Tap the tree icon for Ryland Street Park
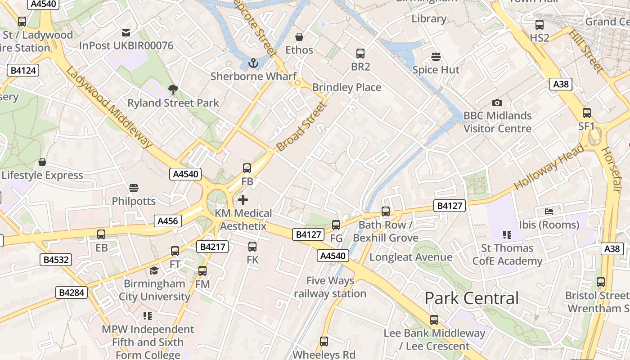(173, 89)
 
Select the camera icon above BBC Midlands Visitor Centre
(497, 103)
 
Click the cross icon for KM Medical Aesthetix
(243, 199)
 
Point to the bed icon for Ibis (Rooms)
(549, 211)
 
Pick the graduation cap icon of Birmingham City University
(154, 270)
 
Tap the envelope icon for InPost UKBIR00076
(126, 32)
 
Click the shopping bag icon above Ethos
(299, 37)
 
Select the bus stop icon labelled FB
(247, 168)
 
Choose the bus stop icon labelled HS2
(539, 25)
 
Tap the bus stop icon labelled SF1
(587, 113)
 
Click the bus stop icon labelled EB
(101, 234)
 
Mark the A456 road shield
(168, 221)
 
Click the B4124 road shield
(23, 70)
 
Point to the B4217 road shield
(212, 247)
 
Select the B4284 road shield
(71, 292)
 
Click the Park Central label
(472, 298)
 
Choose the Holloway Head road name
(549, 166)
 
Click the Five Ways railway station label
(330, 287)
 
